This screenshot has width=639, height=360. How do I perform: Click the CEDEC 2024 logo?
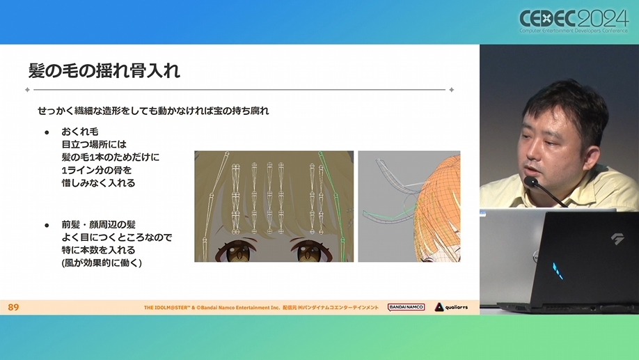574,21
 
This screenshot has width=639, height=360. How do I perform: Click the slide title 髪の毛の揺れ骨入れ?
104,71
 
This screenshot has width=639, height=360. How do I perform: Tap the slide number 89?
13,307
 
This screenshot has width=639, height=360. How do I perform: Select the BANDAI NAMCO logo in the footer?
406,307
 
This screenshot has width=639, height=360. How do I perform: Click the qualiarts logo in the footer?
451,307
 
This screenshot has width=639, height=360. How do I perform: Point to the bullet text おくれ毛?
80,132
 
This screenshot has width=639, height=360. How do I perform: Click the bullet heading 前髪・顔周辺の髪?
99,224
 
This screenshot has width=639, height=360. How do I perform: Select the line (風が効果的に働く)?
102,263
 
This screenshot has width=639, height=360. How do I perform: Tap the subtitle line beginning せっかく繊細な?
153,111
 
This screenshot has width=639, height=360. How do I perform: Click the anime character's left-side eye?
237,251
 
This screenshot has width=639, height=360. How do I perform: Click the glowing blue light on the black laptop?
558,271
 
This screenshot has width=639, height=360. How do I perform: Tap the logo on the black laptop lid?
618,239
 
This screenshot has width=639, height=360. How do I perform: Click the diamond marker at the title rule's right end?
452,90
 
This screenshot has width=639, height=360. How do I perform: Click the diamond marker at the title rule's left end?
27,90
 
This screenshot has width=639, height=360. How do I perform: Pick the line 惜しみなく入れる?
98,183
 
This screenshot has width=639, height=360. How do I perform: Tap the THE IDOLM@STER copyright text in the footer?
261,307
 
